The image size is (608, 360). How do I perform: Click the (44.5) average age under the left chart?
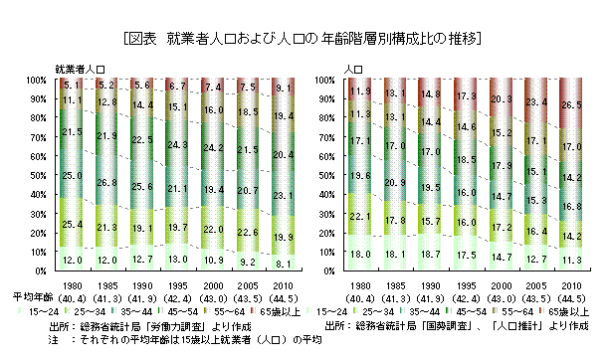[x=282, y=297]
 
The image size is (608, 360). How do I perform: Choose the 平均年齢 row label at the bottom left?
[x=25, y=297]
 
